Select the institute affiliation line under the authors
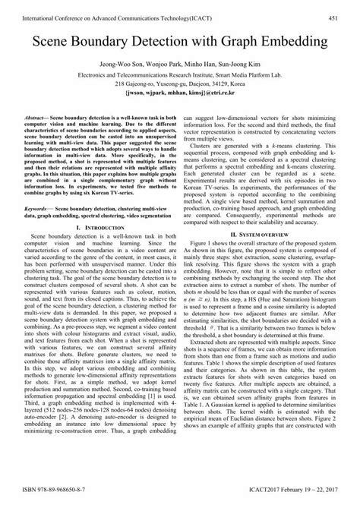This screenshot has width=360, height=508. click(179, 75)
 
